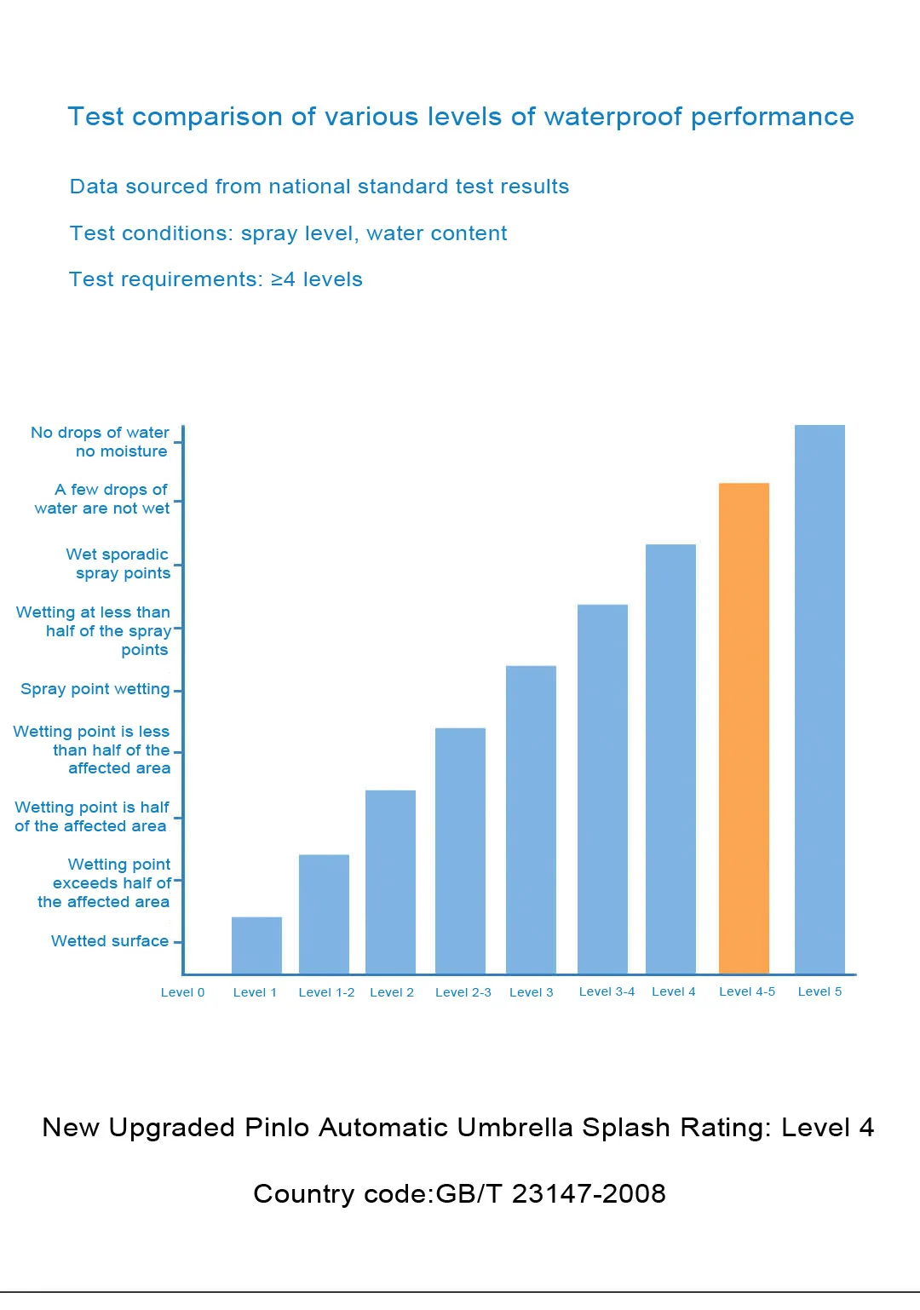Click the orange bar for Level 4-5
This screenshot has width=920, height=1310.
click(x=744, y=728)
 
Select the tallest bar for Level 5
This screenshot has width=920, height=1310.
click(x=819, y=698)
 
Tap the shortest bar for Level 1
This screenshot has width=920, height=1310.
click(x=256, y=945)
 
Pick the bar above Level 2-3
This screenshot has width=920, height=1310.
click(x=460, y=850)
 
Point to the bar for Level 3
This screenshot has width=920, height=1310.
click(x=531, y=819)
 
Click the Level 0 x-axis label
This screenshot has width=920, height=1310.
click(x=182, y=992)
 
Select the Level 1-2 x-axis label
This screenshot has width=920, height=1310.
click(x=326, y=992)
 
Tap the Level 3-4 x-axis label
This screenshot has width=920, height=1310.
click(x=607, y=991)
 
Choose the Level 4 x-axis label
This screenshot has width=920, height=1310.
click(x=674, y=991)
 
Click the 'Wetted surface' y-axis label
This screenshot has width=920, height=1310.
click(x=110, y=941)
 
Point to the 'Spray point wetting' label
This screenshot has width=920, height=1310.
click(x=95, y=689)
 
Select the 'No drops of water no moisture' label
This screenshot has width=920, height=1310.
click(x=100, y=441)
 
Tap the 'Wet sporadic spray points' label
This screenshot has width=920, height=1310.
click(x=118, y=563)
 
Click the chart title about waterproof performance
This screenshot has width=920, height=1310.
click(x=461, y=117)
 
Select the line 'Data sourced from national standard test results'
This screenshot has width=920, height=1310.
click(x=319, y=186)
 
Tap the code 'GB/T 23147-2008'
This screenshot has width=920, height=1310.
click(x=550, y=1193)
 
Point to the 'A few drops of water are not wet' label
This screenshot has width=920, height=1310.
click(x=101, y=499)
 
